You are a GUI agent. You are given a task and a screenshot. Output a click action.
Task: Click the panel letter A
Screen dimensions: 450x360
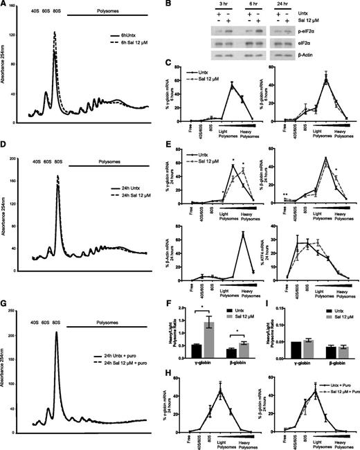tap(5, 6)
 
